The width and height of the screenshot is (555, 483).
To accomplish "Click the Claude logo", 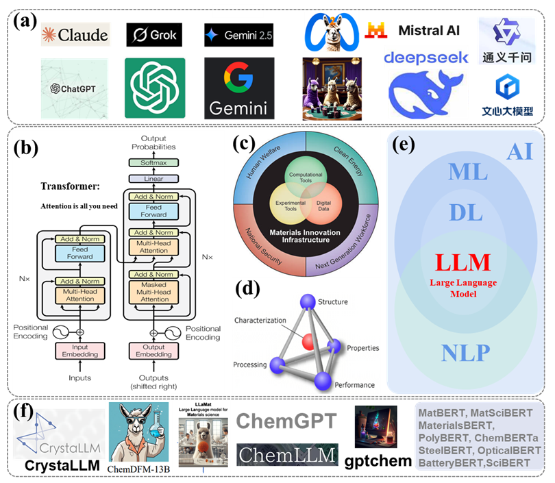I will (75, 34).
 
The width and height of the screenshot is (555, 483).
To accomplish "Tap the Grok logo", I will (155, 34).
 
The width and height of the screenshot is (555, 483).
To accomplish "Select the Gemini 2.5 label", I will (238, 35).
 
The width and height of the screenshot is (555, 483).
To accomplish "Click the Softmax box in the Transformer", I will (153, 163).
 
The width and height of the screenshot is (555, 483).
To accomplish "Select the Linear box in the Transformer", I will (153, 179).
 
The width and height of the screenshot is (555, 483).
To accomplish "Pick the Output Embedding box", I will (154, 350).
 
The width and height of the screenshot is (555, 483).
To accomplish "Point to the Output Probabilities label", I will (153, 143).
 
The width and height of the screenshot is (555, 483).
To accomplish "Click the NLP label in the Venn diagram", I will (465, 352).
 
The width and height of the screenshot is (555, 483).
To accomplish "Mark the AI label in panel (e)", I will (519, 151).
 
